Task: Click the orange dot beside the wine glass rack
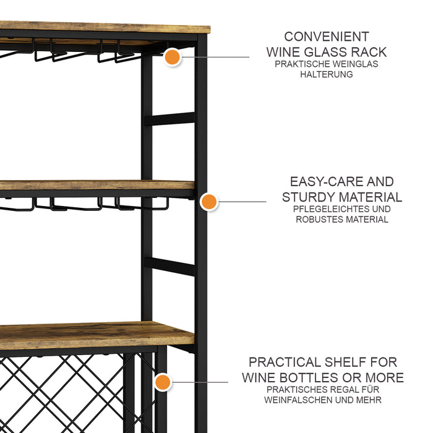173,57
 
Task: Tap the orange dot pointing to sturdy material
209,202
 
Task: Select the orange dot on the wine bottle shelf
163,382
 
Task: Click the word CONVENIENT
327,36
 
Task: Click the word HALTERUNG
327,74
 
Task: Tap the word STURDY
309,197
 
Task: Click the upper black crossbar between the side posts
169,119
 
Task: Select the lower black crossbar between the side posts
169,266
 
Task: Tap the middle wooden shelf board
97,185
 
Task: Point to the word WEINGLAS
355,64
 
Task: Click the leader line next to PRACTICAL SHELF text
199,382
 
